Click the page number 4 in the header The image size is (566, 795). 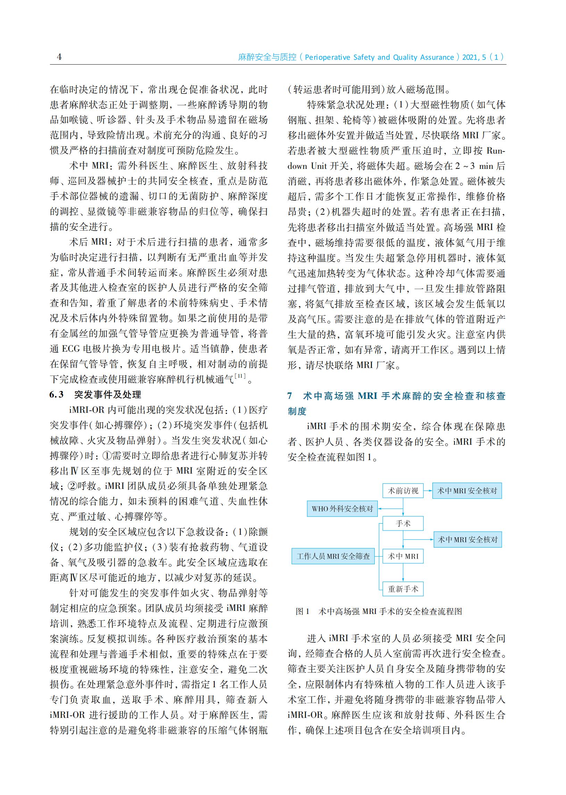pos(59,57)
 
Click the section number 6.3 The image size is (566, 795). pos(57,394)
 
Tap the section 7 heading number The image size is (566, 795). pos(290,396)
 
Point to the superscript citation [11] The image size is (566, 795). pos(240,376)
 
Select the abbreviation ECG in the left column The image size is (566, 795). pos(71,349)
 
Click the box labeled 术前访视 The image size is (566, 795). pos(403,491)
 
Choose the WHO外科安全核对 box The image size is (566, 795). pos(342,509)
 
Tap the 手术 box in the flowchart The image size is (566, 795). pos(403,523)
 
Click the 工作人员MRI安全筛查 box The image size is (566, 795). pos(333,556)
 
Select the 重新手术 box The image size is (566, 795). pos(403,589)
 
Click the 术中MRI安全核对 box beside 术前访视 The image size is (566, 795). pos(467,491)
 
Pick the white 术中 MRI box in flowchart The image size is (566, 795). pos(403,556)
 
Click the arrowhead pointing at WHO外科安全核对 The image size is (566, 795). pos(380,509)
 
